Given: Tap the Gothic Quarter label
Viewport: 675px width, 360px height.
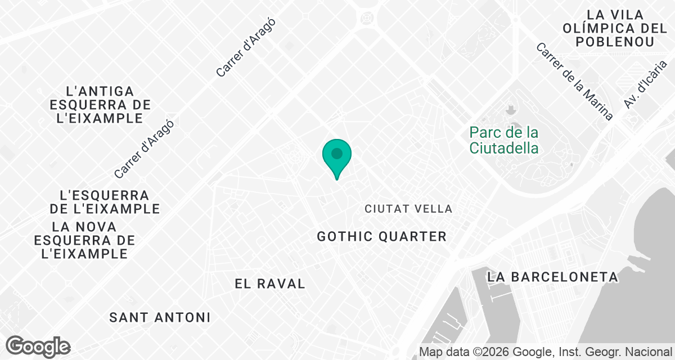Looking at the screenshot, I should pyautogui.click(x=381, y=236).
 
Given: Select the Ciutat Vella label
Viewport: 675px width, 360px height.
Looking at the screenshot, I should pyautogui.click(x=408, y=209).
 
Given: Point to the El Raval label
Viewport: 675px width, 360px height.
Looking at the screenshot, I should pyautogui.click(x=270, y=283).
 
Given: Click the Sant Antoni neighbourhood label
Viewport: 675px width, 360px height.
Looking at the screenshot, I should pyautogui.click(x=160, y=317).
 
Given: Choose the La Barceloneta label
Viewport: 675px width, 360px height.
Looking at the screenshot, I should pyautogui.click(x=553, y=277).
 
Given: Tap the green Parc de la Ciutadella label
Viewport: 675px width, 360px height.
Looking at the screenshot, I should pyautogui.click(x=505, y=141).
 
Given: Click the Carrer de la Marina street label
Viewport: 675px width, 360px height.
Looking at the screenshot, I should pyautogui.click(x=574, y=82).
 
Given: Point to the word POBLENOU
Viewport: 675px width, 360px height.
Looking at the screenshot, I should pyautogui.click(x=615, y=42).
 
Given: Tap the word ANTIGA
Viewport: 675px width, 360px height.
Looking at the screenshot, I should pyautogui.click(x=100, y=91).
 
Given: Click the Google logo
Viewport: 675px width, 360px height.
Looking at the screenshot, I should pyautogui.click(x=38, y=346).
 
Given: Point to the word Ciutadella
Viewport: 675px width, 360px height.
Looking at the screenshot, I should pyautogui.click(x=505, y=148).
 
